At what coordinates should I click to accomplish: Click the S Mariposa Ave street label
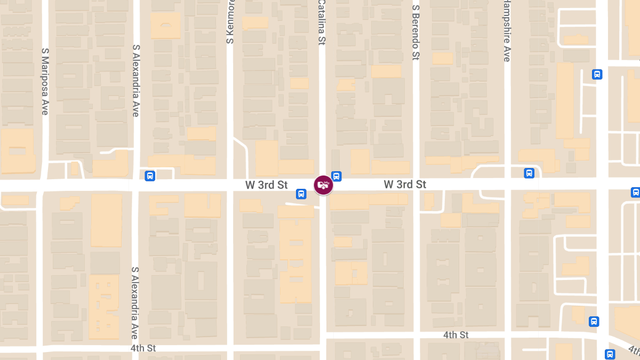pos(45,81)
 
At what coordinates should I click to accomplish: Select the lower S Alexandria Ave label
pos(135,303)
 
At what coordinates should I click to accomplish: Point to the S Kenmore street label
pos(230,21)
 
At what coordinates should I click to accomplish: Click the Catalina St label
pos(322,22)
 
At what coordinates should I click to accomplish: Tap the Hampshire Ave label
pos(507,31)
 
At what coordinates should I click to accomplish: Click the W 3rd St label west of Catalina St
pos(267,185)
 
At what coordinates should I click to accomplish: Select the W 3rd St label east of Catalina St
pos(405,185)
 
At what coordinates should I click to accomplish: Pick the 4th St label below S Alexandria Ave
pos(143,348)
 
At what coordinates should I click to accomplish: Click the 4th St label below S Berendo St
pos(456,335)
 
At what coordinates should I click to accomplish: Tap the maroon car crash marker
pos(323,185)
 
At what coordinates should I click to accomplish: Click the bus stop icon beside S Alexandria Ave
pos(150,175)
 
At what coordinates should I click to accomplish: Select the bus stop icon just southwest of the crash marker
pos(301,194)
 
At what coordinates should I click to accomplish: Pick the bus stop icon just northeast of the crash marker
pos(336,176)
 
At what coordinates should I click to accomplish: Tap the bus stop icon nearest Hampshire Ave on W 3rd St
pos(529,173)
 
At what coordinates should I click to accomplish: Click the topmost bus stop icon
pos(597,75)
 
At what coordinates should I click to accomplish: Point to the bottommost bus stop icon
pos(610,354)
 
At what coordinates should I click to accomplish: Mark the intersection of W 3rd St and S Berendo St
pos(416,185)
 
